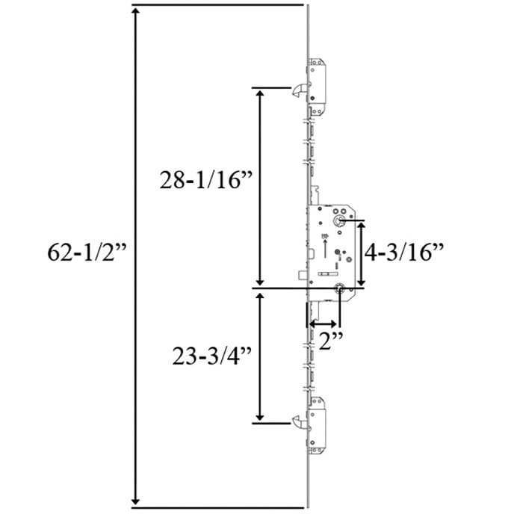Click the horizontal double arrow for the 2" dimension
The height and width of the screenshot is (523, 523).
coord(323,324)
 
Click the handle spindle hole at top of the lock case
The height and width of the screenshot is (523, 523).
coord(338,221)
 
